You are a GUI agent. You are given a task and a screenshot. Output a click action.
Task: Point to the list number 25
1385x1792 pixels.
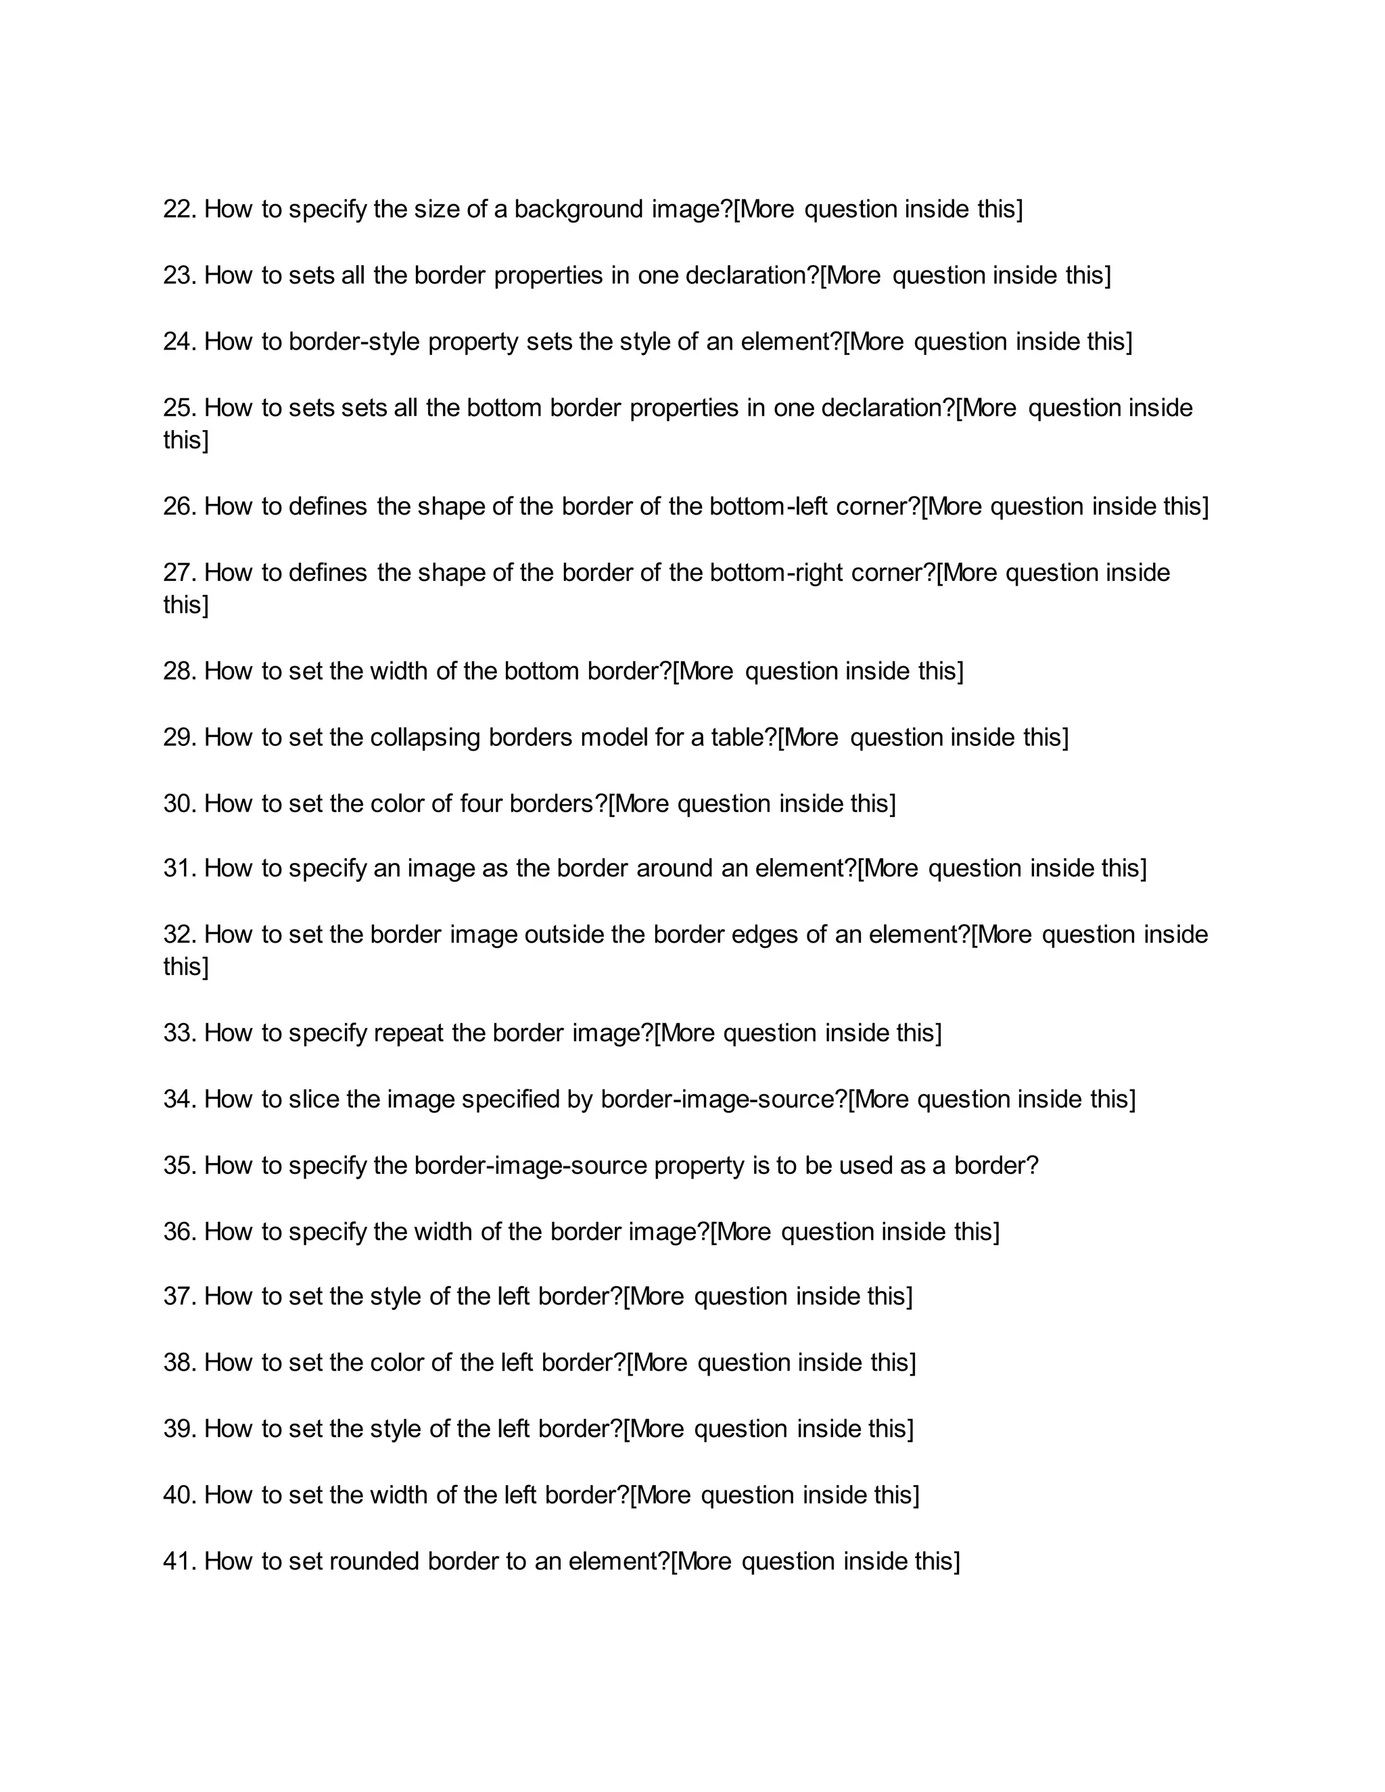[x=180, y=408]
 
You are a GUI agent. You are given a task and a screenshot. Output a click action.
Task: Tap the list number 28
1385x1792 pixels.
[x=180, y=672]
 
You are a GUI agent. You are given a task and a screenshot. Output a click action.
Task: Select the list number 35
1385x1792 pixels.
[x=180, y=1166]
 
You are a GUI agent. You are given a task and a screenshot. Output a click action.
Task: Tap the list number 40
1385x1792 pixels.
[x=180, y=1496]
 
